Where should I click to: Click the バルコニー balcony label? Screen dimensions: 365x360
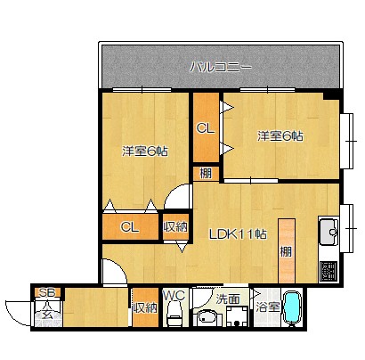point(221,67)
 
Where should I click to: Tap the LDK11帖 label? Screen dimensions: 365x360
point(238,234)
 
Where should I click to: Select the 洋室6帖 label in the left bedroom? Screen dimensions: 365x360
point(145,151)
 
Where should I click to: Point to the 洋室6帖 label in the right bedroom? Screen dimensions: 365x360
point(280,136)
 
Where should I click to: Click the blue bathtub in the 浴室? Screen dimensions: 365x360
point(292,308)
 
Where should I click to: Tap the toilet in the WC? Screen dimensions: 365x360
point(174,314)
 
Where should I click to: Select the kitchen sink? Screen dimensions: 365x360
point(328,231)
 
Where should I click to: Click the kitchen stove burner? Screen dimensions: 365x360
point(329,271)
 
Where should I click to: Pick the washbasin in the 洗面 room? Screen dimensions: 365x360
point(206,318)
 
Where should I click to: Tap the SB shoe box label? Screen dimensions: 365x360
point(47,292)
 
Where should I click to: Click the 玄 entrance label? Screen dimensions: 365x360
point(47,314)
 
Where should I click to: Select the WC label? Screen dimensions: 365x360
point(175,295)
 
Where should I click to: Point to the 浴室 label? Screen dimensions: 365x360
point(268,307)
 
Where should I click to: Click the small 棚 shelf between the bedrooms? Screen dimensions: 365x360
point(206,174)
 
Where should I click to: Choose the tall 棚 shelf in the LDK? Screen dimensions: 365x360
point(287,251)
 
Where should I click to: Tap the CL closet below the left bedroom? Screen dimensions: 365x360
point(130,227)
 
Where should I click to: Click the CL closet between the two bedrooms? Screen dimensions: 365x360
point(206,128)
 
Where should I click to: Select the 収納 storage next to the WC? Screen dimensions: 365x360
point(145,307)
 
